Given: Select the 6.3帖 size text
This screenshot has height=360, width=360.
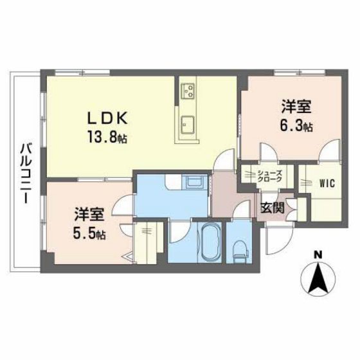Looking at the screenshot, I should (296, 127).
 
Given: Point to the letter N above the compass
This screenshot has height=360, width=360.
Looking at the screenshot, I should (318, 255).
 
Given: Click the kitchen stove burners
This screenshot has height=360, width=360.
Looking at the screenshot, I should (187, 92).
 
